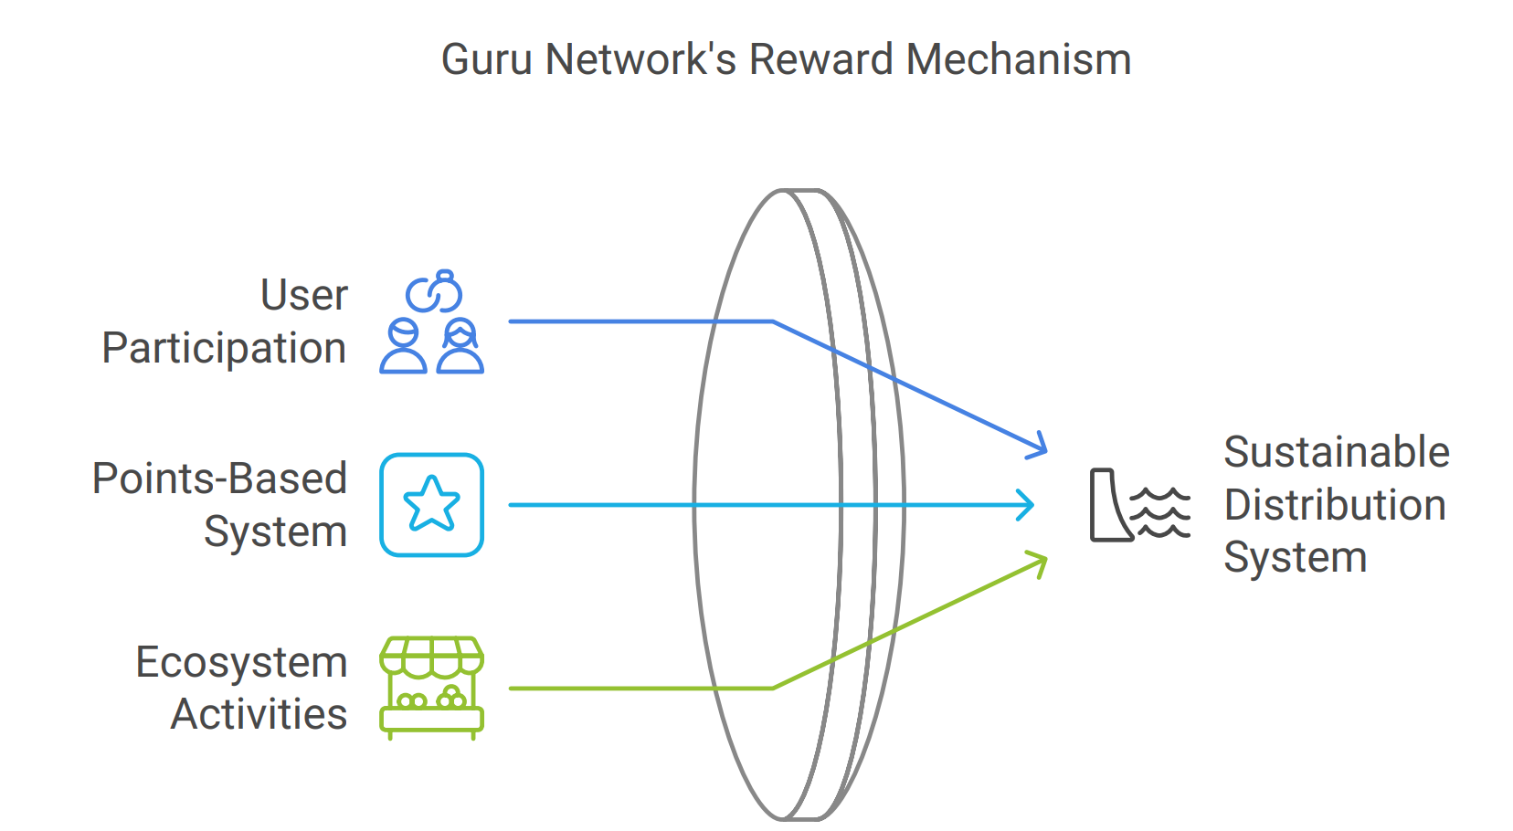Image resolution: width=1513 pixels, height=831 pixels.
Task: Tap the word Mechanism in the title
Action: pyautogui.click(x=1019, y=60)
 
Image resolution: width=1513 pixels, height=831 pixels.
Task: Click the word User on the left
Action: pyautogui.click(x=304, y=295)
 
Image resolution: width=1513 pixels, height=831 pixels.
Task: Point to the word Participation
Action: pyautogui.click(x=224, y=349)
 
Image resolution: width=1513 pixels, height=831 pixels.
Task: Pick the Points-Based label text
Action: pyautogui.click(x=220, y=479)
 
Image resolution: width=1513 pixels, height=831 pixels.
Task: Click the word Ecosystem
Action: pyautogui.click(x=241, y=663)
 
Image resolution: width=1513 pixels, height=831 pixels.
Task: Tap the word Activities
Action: pyautogui.click(x=259, y=714)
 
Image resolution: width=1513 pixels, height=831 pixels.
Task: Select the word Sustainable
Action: pyautogui.click(x=1336, y=452)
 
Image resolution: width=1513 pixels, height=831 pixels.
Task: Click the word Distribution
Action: pyautogui.click(x=1335, y=505)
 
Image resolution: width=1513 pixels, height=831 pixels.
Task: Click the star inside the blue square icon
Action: pyautogui.click(x=431, y=504)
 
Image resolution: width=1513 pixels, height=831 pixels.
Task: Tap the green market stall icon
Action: pyautogui.click(x=431, y=688)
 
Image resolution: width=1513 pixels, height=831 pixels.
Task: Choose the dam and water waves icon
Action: pyautogui.click(x=1140, y=504)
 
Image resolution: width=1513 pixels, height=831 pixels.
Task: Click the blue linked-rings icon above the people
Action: pyautogui.click(x=435, y=292)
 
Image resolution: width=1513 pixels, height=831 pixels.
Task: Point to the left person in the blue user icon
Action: pyautogui.click(x=403, y=347)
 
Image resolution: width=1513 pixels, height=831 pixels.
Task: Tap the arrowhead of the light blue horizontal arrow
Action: pyautogui.click(x=1027, y=505)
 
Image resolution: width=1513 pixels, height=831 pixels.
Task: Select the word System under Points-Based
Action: pyautogui.click(x=275, y=531)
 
